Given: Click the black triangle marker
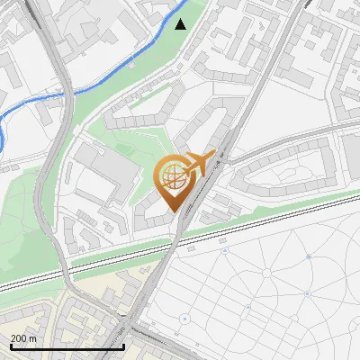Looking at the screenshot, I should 181,23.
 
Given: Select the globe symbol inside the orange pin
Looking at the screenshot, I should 171,178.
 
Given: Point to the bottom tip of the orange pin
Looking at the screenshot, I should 173,211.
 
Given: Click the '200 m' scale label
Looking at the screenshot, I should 24,337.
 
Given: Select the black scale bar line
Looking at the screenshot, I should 67,346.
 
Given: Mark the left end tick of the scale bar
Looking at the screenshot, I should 11,346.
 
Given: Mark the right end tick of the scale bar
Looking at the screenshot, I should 123,346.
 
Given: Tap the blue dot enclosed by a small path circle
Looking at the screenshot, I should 184,319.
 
